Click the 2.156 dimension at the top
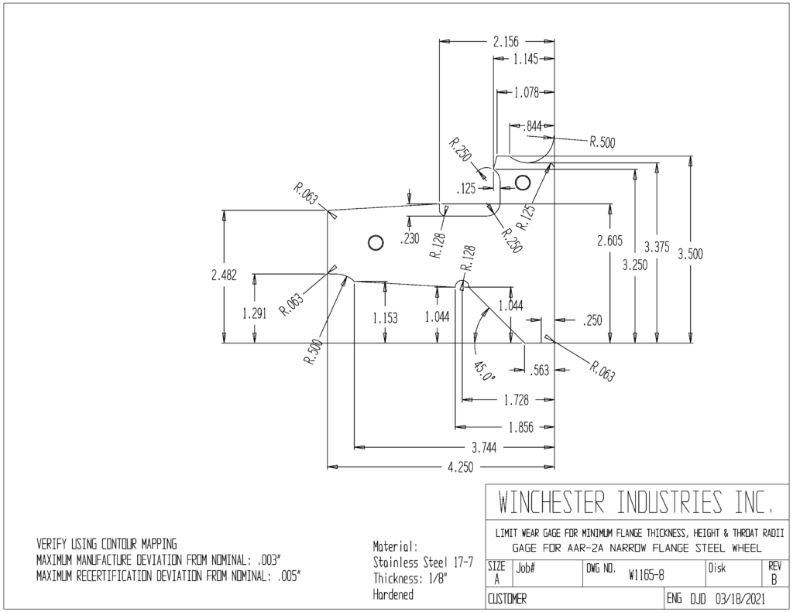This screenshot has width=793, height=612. (x=506, y=42)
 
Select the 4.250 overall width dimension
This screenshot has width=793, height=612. (x=460, y=467)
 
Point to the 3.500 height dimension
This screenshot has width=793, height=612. (x=690, y=254)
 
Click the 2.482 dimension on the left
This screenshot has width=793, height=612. (x=224, y=275)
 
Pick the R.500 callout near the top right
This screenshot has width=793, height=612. (x=602, y=142)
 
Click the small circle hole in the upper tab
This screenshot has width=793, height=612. (x=523, y=181)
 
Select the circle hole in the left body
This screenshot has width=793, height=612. (x=376, y=243)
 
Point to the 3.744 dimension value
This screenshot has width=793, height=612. (x=484, y=447)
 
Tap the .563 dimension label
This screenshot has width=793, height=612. (x=539, y=370)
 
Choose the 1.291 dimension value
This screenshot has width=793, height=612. (x=254, y=313)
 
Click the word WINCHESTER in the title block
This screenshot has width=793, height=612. (x=551, y=502)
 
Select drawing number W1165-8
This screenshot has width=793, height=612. (x=647, y=575)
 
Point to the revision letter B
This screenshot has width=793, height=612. (x=774, y=580)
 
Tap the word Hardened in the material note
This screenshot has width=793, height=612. (x=393, y=594)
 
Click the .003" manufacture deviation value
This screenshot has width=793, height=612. (x=269, y=560)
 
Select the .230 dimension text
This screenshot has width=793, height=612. (x=410, y=238)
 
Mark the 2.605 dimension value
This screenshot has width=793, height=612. (x=610, y=241)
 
